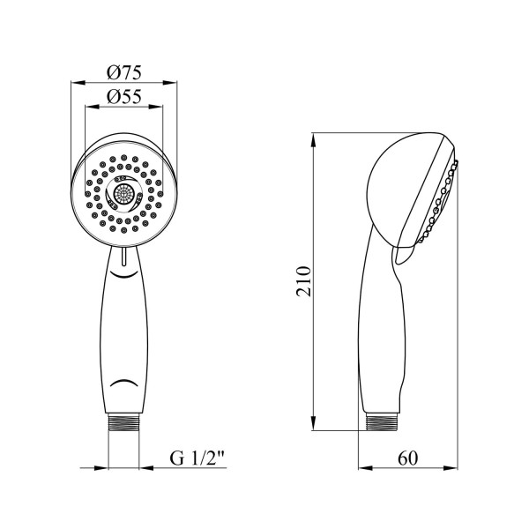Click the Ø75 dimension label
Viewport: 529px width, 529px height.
pos(124,72)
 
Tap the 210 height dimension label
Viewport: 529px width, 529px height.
pos(303,281)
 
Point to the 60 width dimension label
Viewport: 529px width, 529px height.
pos(407,458)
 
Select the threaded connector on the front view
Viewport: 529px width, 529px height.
pos(123,422)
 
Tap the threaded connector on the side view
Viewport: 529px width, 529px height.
pos(383,422)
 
